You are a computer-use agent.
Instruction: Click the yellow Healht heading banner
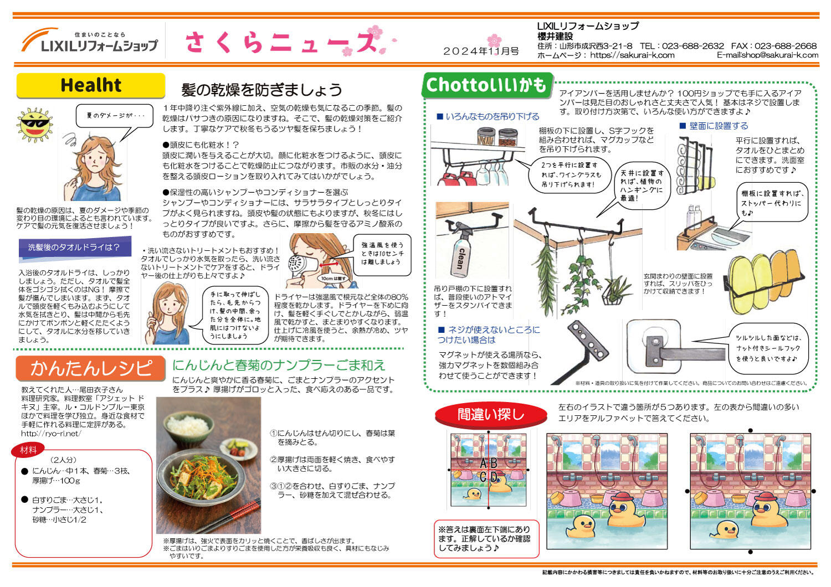tap(90, 85)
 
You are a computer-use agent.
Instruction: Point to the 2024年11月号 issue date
tap(480, 51)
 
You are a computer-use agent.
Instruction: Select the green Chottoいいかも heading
tap(486, 85)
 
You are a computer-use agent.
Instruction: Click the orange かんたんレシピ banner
tap(90, 368)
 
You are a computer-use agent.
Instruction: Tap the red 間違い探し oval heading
tap(490, 414)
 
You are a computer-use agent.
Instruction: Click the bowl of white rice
tap(190, 427)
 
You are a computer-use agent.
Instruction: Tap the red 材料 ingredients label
tap(28, 450)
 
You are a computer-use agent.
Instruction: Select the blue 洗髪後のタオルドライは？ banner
tap(74, 247)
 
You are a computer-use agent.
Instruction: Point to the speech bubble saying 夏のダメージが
tap(115, 116)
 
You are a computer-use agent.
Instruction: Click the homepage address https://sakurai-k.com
tap(632, 55)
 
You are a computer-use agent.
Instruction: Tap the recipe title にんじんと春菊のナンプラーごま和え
tap(278, 365)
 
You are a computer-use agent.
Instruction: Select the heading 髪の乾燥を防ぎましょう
tap(261, 90)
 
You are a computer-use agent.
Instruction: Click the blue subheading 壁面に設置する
tap(718, 126)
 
